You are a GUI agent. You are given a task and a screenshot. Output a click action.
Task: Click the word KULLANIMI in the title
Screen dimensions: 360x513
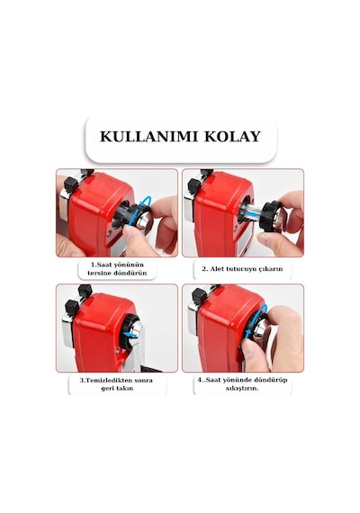(148, 137)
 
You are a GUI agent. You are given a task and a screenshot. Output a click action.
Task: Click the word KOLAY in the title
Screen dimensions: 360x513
(233, 137)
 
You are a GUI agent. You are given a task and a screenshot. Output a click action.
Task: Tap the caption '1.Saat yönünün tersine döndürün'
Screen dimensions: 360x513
(117, 268)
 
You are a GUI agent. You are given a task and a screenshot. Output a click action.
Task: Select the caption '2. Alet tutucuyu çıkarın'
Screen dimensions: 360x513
(242, 269)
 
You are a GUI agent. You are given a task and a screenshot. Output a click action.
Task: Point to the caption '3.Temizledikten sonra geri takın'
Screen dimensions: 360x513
(116, 384)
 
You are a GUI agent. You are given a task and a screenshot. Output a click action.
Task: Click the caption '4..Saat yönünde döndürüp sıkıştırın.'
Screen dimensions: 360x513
(242, 384)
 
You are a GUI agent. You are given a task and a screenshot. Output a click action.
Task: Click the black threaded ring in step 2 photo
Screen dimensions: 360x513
(268, 216)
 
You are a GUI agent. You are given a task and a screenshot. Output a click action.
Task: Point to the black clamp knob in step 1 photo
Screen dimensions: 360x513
(71, 184)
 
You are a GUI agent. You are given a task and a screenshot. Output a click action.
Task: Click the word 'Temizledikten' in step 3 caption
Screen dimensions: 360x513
(107, 380)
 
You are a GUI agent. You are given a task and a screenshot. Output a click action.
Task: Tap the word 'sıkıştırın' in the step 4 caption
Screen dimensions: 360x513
(242, 388)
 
